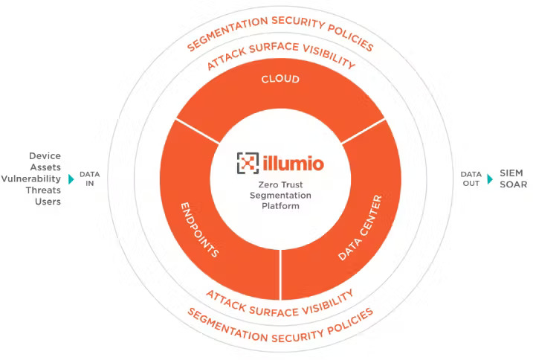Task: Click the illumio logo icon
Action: [248, 162]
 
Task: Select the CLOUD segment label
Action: [280, 80]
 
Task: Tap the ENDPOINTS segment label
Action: [199, 228]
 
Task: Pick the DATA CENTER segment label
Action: [360, 228]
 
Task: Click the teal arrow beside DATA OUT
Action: [490, 179]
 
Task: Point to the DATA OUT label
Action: [471, 179]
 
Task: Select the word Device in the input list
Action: [45, 156]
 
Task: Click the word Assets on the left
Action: [45, 167]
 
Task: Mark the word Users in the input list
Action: [48, 201]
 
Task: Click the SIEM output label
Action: [511, 173]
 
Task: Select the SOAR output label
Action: [513, 184]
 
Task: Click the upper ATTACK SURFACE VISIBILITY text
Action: [280, 57]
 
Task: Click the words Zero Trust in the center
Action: [280, 183]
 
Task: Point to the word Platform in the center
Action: [280, 205]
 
